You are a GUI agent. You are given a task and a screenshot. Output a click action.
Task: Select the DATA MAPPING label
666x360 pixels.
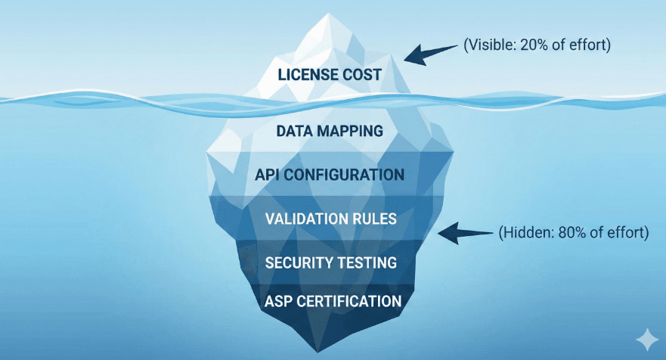pos(329,131)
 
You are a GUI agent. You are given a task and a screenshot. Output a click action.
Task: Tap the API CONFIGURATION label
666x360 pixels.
pos(329,175)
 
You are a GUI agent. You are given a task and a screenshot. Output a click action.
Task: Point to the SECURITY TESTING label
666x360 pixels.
pos(331,262)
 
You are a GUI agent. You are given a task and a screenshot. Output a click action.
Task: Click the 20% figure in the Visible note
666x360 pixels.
pos(531,45)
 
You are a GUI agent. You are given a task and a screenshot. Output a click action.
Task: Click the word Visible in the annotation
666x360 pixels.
pos(489,45)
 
